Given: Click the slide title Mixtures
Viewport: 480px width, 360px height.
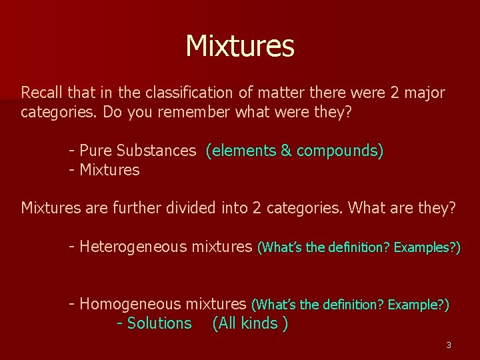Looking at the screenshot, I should coord(240,46).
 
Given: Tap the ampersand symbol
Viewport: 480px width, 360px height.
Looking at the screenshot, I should coord(286,151).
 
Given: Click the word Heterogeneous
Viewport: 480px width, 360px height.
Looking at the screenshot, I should coord(133,247).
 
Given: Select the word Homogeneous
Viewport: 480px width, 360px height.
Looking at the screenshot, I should coord(130,305).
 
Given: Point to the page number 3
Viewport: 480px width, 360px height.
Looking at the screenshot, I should coord(449,345).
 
